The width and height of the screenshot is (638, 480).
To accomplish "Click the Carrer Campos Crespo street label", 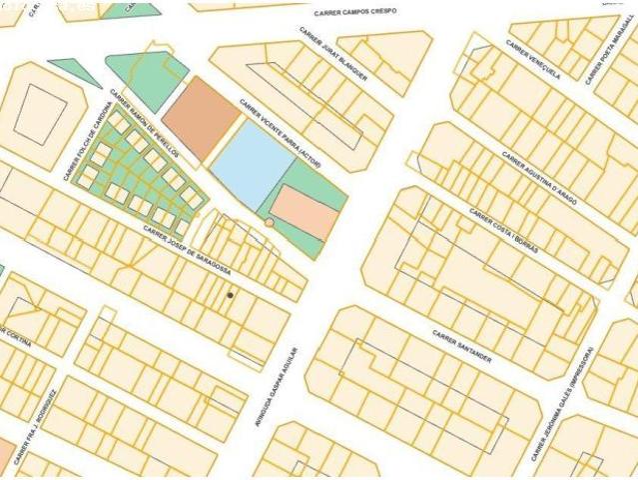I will click(354, 12).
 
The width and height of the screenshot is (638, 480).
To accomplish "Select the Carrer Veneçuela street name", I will click(532, 59).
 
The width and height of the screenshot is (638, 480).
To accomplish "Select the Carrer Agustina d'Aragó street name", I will click(538, 177).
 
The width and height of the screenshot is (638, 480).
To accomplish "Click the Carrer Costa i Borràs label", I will click(503, 231).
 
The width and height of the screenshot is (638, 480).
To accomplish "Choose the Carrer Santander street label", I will click(461, 345).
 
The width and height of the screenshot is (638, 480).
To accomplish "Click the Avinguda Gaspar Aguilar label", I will click(278, 386).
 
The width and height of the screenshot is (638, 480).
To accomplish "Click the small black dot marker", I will click(230, 295).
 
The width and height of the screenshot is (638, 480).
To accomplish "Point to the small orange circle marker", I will click(269, 222).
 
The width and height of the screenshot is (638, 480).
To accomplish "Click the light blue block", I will click(253, 165).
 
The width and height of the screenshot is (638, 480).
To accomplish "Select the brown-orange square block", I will click(201, 118).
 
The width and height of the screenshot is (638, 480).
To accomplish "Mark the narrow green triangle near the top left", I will click(74, 72).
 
